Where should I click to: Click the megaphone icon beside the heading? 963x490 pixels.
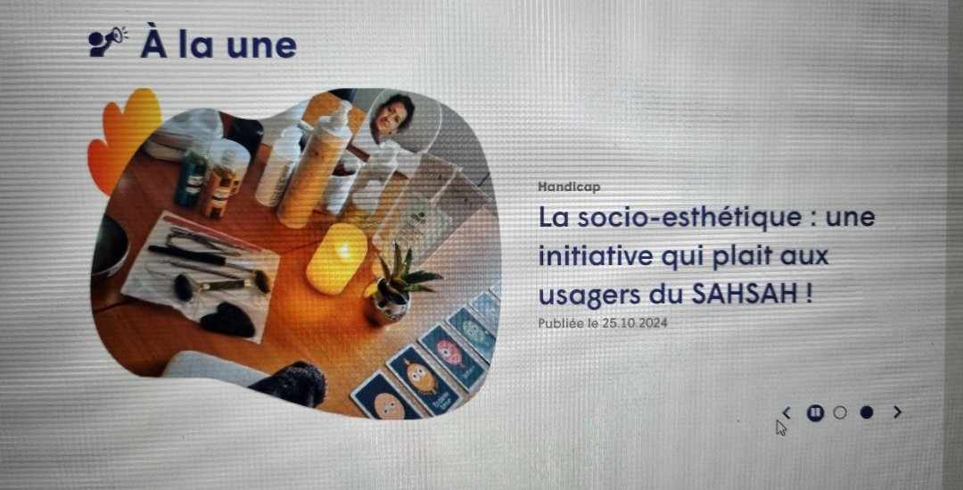point(108,41)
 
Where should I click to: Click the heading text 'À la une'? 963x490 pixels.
point(218,44)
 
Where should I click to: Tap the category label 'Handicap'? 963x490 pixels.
point(569,187)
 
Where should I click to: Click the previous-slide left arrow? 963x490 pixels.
point(786,412)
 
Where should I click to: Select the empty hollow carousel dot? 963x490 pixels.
point(839,412)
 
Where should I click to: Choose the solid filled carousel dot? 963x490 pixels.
point(866,412)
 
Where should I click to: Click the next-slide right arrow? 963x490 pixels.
point(897,412)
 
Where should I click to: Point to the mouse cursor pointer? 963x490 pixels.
point(781,428)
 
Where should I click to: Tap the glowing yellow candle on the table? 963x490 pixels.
point(336,257)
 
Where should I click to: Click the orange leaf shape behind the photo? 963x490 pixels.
point(123,134)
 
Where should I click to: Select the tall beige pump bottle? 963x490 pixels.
point(312,170)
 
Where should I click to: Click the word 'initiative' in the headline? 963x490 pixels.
point(588,256)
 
